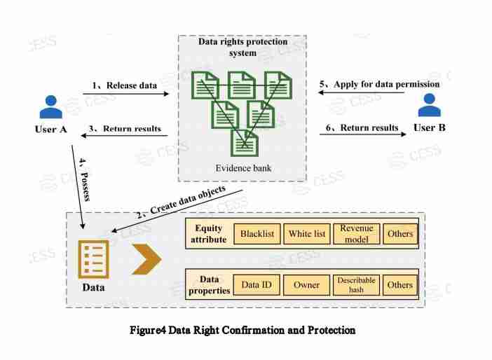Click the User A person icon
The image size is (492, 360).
coord(50,106)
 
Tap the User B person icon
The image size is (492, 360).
coord(429,104)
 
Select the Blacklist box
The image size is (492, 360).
coord(257,233)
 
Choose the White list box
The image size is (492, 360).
coord(307,233)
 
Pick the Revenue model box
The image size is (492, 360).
coord(357,233)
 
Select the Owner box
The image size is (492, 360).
coord(306,284)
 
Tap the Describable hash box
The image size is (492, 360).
coord(357,284)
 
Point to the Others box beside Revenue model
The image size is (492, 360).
coord(400,233)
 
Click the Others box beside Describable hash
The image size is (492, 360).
coord(400,284)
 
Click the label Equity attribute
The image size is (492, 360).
coord(209,234)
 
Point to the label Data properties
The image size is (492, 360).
coord(210,284)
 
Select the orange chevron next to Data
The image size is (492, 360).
coord(146,260)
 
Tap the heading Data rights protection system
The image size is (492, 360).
coord(242,47)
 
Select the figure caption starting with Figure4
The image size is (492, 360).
coord(242,329)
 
